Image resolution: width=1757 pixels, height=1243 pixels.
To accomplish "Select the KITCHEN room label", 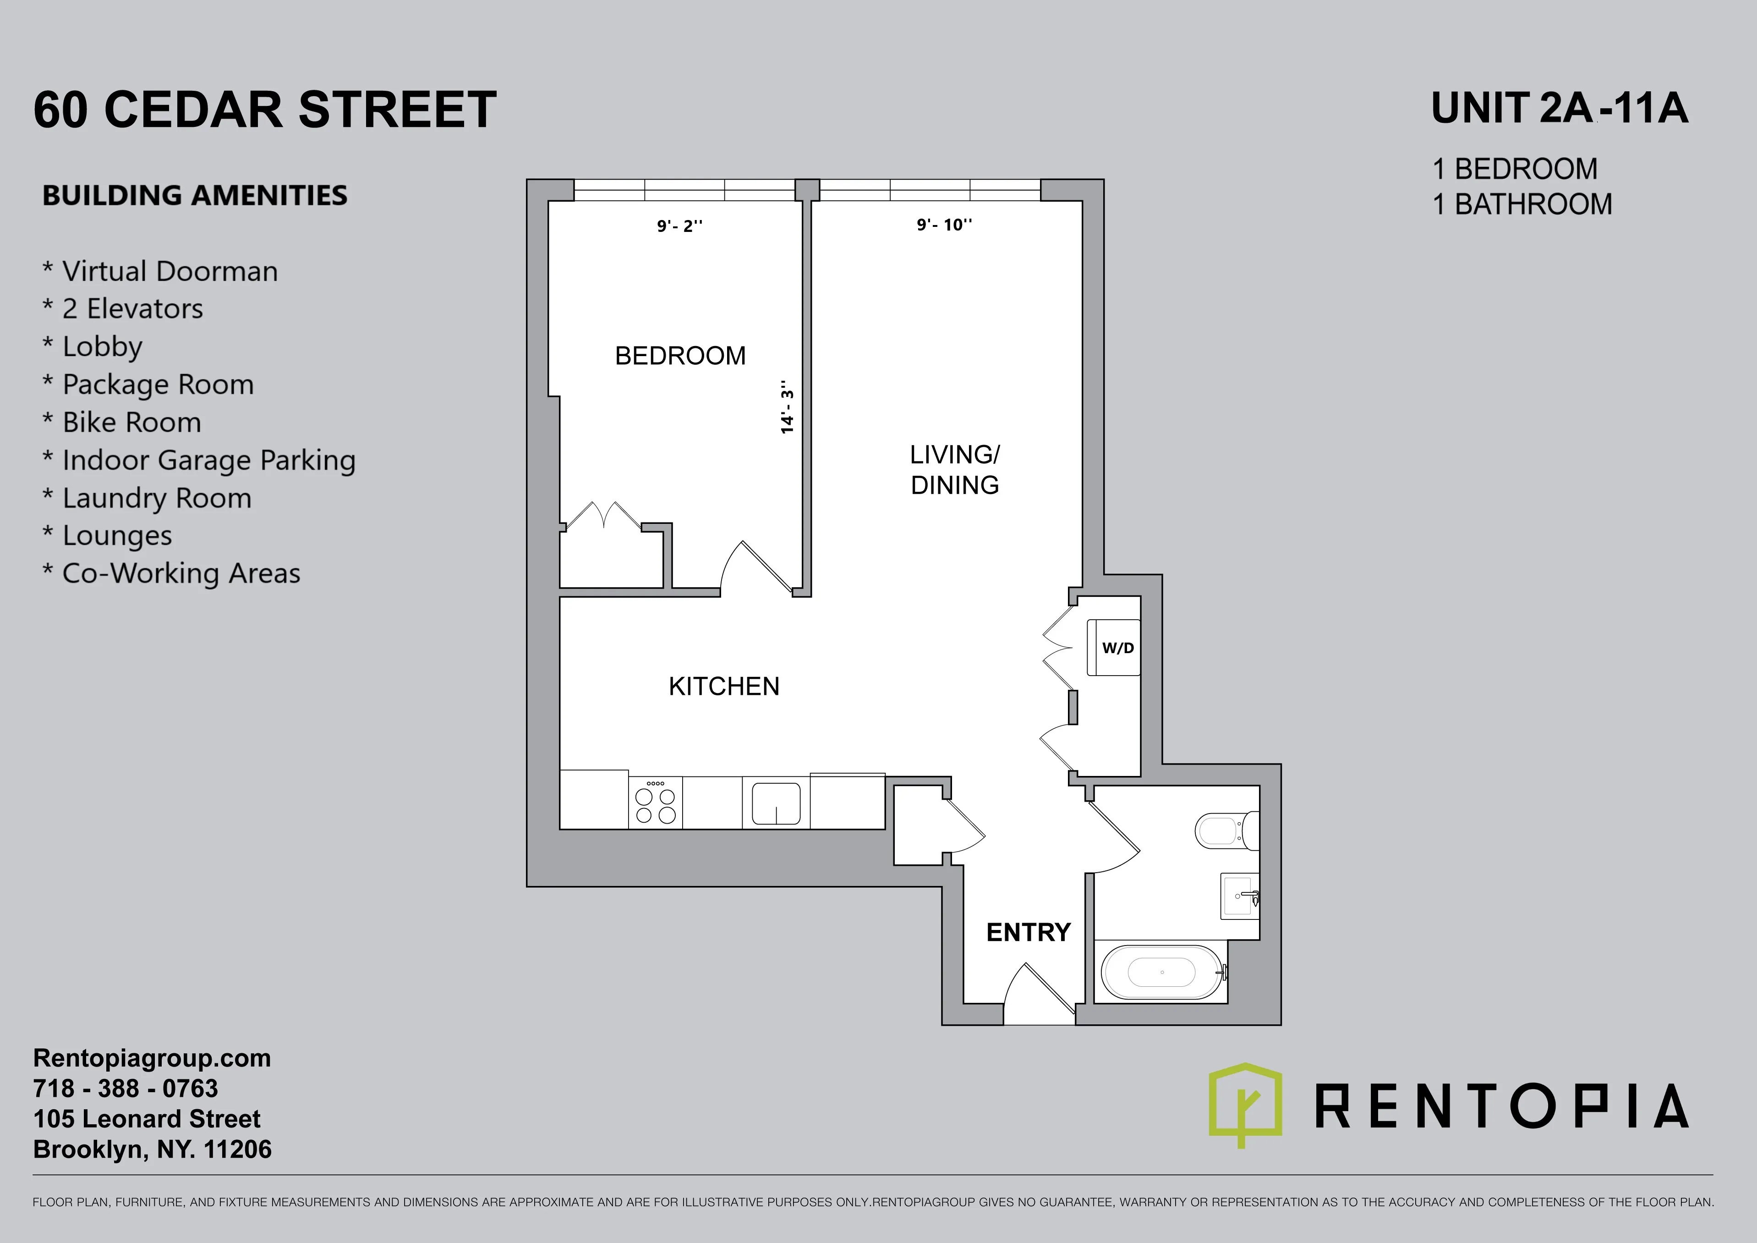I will point(724,687).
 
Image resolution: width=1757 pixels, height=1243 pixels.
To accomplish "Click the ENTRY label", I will point(1028,932).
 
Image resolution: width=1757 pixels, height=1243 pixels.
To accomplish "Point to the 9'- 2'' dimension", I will point(679,226).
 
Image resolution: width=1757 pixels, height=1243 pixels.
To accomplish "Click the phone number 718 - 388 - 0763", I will point(126,1089).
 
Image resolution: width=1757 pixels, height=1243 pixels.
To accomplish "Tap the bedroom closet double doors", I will point(603,517).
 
